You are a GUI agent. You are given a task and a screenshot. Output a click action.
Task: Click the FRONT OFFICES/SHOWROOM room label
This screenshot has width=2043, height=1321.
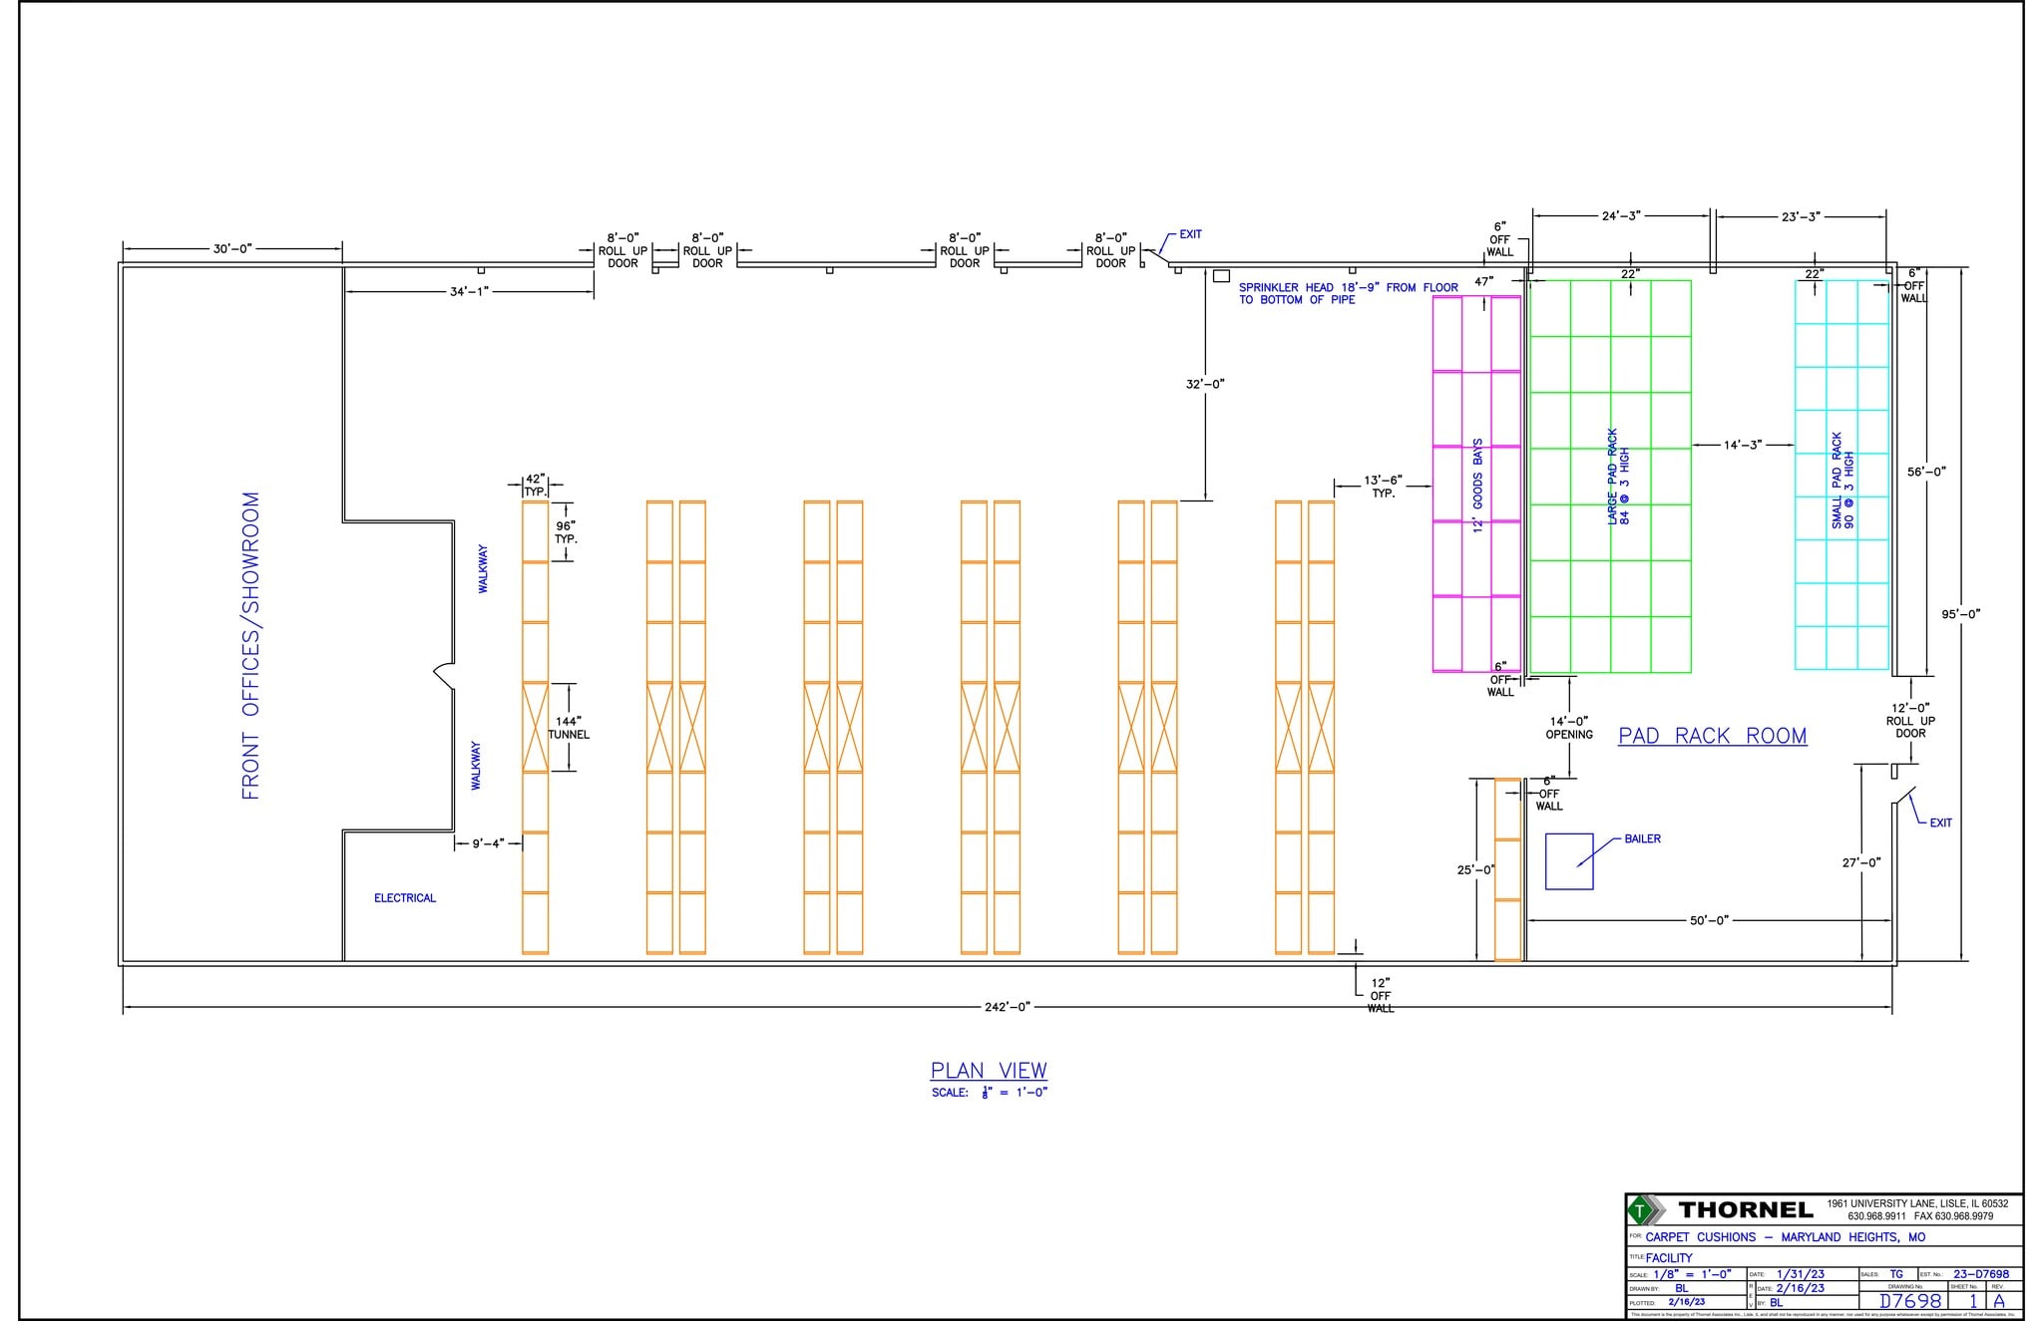(x=250, y=645)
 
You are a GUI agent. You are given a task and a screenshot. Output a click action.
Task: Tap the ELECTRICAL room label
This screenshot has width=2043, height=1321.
(x=404, y=898)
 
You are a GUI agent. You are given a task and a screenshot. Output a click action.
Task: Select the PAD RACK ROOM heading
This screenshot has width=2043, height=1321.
(x=1712, y=737)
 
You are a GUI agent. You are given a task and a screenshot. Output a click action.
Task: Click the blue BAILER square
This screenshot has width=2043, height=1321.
(x=1568, y=861)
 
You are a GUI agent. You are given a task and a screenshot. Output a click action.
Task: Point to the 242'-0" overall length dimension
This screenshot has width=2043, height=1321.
(x=1007, y=1007)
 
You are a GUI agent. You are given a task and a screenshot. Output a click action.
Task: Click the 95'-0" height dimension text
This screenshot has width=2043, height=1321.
(x=1959, y=614)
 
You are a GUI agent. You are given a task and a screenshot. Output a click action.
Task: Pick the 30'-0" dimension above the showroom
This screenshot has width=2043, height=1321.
(x=232, y=248)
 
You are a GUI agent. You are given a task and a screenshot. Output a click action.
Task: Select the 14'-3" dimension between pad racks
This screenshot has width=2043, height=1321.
(x=1742, y=445)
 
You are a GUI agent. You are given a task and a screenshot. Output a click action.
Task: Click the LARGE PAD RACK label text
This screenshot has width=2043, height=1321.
(x=1618, y=477)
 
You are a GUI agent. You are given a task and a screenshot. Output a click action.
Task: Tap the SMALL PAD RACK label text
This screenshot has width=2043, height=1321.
(x=1842, y=481)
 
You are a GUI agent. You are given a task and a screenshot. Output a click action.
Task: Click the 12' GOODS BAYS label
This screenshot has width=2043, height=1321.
(x=1478, y=486)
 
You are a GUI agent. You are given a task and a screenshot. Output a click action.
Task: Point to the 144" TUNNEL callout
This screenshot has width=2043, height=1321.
(x=569, y=728)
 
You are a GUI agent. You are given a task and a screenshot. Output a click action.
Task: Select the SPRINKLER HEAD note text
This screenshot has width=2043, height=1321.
(x=1347, y=293)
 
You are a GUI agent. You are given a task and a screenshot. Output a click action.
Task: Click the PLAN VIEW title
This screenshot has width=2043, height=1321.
(x=989, y=1071)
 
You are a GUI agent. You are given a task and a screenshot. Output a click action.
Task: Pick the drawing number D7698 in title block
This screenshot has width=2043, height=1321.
(x=1909, y=1301)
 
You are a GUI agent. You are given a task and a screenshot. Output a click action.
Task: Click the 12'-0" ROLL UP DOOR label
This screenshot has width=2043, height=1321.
(x=1909, y=720)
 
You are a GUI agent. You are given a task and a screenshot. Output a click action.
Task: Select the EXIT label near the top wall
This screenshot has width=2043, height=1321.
(x=1190, y=234)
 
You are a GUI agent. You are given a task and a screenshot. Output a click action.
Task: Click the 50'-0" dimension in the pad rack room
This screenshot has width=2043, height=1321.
(x=1708, y=920)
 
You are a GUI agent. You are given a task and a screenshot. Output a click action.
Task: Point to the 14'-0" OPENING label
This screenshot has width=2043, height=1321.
(x=1568, y=728)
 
